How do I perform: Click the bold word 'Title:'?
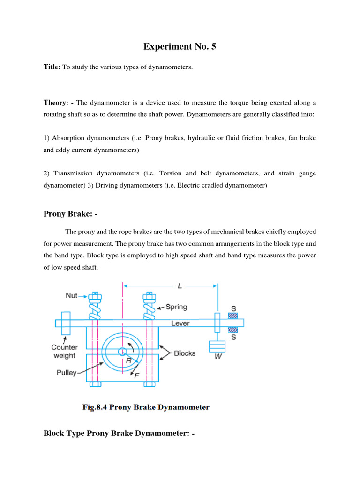coord(52,67)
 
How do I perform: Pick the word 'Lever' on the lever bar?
coord(180,323)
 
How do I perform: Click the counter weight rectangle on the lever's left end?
coord(66,322)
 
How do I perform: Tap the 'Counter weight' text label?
coord(64,351)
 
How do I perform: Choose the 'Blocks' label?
coord(185,353)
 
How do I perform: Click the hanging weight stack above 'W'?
coord(217,346)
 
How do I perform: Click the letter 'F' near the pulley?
coord(136,375)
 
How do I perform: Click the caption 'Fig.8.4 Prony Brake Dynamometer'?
coord(146,407)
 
